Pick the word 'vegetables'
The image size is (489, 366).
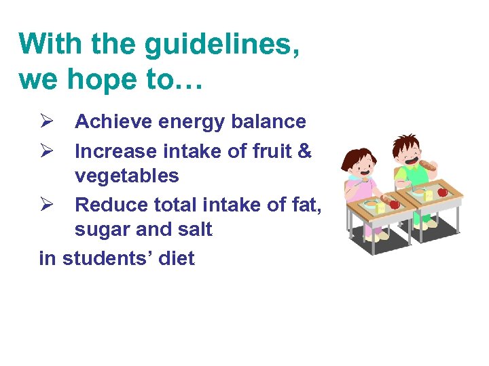(126, 176)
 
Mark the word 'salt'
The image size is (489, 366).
(194, 230)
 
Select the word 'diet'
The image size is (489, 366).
(176, 258)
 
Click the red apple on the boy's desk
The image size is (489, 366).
(442, 192)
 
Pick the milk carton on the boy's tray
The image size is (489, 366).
(429, 195)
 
